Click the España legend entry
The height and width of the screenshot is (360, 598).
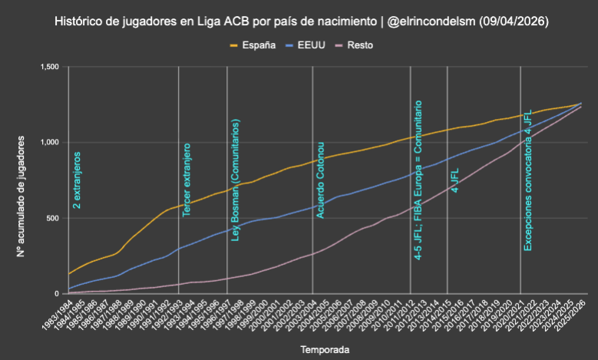[x=254, y=45]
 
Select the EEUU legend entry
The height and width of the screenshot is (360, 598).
[x=311, y=45]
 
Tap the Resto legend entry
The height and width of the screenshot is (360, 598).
[x=361, y=45]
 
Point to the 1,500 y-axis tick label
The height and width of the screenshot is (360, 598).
[x=48, y=68]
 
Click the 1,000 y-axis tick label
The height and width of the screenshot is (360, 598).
[x=48, y=143]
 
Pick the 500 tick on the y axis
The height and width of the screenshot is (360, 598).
[x=51, y=218]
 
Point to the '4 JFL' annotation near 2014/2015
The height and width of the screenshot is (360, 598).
[x=454, y=180]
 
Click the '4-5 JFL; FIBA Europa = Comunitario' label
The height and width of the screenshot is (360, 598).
[x=419, y=180]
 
